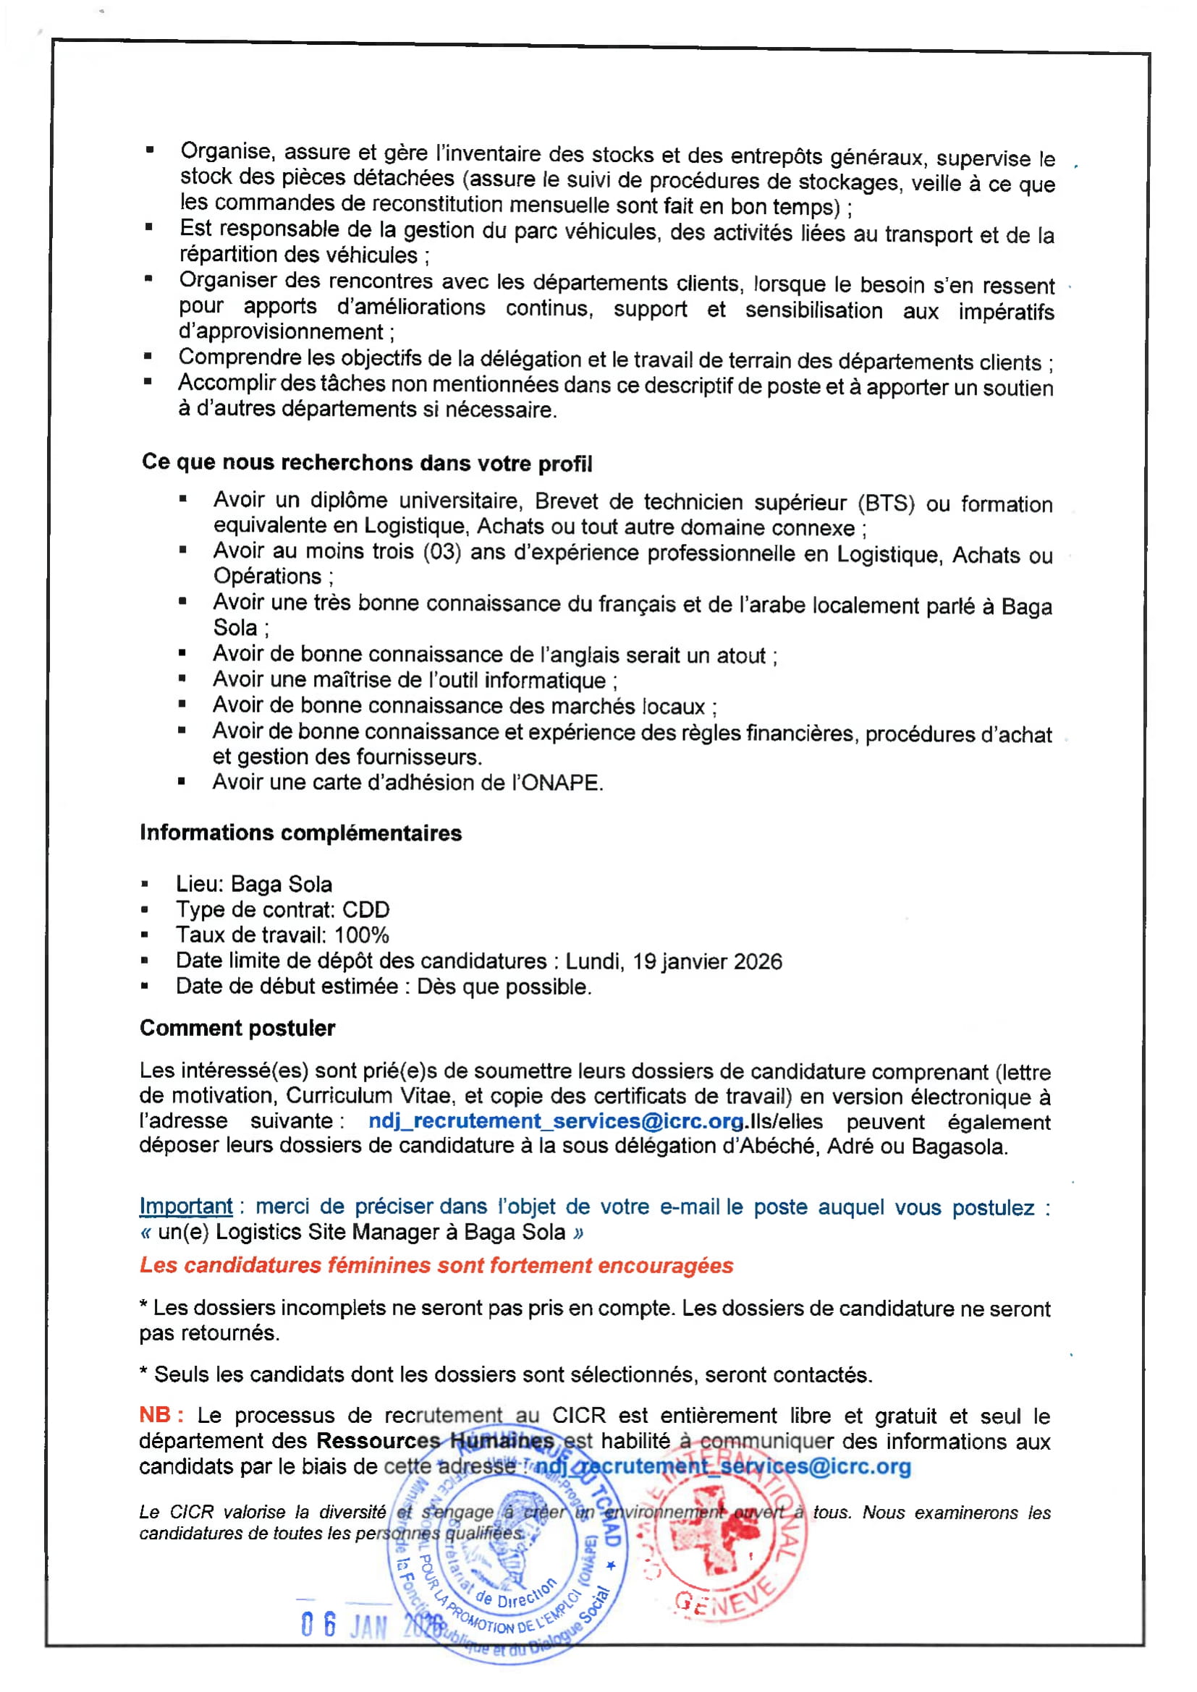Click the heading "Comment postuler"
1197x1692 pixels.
click(x=237, y=1028)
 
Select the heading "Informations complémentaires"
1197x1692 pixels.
click(x=301, y=833)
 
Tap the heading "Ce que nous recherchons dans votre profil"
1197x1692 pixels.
click(x=367, y=463)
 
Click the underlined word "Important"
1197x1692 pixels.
click(x=186, y=1207)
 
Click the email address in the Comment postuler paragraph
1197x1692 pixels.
click(x=556, y=1121)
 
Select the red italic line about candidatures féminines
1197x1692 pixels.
click(x=436, y=1265)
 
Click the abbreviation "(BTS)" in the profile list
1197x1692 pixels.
click(x=886, y=503)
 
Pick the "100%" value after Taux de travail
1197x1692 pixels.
click(x=361, y=935)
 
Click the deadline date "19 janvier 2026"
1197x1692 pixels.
click(x=707, y=961)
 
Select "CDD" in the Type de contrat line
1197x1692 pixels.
click(x=365, y=909)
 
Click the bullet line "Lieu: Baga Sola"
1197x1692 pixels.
click(x=253, y=883)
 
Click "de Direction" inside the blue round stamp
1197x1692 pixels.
click(x=515, y=1591)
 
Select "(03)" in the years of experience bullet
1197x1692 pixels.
click(x=441, y=551)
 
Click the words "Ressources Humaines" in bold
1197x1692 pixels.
click(x=435, y=1441)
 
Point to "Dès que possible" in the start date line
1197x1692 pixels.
click(x=504, y=987)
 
